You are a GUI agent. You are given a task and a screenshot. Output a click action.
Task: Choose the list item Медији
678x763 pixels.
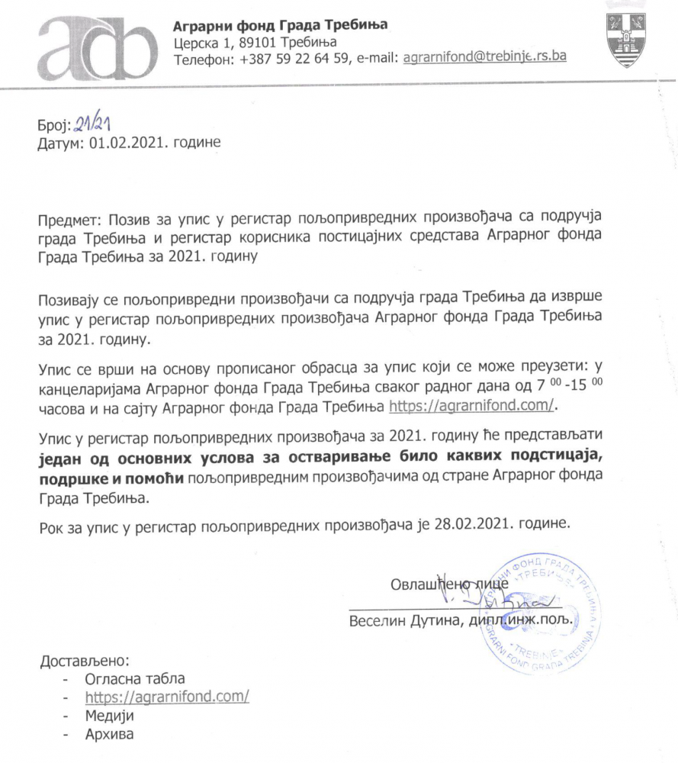point(109,716)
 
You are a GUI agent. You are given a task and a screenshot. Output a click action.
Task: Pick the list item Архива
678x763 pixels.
point(108,736)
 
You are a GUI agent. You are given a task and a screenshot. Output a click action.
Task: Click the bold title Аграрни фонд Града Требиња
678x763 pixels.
point(281,24)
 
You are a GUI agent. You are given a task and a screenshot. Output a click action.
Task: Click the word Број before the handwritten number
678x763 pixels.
point(53,125)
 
